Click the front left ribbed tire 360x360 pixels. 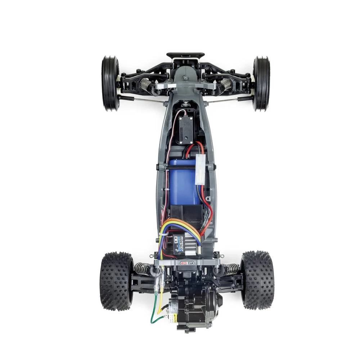(110, 83)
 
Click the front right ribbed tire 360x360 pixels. (261, 83)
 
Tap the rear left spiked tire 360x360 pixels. (116, 280)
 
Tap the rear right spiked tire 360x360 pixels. (257, 280)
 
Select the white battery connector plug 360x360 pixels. (200, 168)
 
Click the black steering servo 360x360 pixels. (186, 130)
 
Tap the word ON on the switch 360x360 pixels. (183, 263)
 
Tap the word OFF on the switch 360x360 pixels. (190, 263)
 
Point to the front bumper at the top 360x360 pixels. (185, 56)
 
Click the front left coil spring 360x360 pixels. (146, 85)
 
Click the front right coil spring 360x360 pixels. (226, 85)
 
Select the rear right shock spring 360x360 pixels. (230, 268)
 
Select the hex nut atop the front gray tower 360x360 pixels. (185, 78)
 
